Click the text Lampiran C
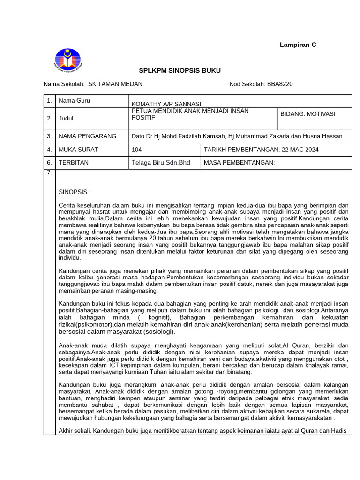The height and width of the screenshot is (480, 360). click(x=298, y=45)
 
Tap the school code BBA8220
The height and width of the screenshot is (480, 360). click(x=280, y=84)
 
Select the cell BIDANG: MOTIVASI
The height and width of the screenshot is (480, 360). click(x=307, y=114)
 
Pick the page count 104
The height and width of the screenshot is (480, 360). click(x=137, y=150)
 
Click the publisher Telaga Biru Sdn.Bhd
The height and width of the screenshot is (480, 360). click(x=161, y=163)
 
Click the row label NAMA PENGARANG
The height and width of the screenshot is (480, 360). click(x=87, y=136)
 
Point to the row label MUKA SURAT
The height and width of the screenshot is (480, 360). click(x=78, y=150)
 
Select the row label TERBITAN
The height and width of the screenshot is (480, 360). click(x=74, y=163)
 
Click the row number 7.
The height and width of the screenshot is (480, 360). click(x=49, y=173)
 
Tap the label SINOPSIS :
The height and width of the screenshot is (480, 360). click(x=75, y=192)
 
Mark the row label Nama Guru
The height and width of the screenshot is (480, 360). click(x=74, y=101)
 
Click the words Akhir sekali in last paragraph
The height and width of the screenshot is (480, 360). click(x=75, y=430)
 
